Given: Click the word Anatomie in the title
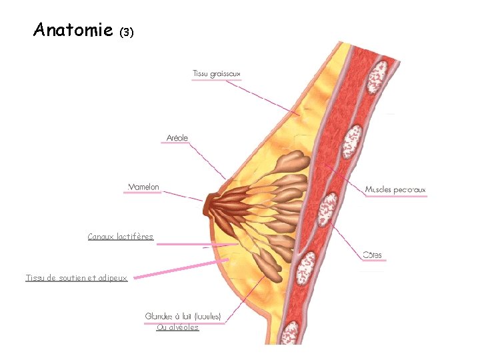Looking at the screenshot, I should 73,30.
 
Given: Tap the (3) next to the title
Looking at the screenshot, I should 127,31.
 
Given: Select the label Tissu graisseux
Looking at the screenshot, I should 217,73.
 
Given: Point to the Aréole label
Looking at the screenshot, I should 177,138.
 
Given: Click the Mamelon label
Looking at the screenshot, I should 144,187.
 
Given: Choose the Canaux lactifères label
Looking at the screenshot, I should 121,237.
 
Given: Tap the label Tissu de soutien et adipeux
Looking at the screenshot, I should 77,278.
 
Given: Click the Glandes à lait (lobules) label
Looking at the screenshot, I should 183,316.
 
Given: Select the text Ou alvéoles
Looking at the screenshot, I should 178,327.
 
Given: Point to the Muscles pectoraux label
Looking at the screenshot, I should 395,190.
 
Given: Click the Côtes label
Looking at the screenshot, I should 373,255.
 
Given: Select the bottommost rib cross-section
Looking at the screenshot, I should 291,331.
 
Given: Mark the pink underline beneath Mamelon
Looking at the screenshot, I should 142,193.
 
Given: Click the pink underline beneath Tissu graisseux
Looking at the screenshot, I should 217,80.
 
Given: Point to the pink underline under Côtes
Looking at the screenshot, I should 373,261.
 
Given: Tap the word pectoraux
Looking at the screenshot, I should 409,190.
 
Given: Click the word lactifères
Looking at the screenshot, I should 135,237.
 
